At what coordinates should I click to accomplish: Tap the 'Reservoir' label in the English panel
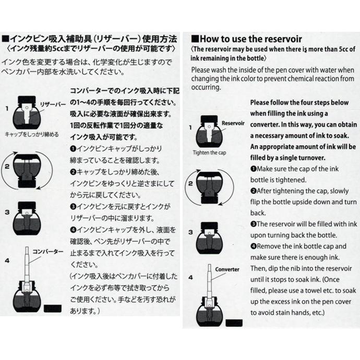click(233, 124)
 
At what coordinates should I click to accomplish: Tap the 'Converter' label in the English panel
click(226, 270)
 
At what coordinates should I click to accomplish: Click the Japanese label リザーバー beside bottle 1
click(53, 104)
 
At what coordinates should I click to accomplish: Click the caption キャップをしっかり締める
click(31, 134)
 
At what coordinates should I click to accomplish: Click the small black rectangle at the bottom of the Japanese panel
click(53, 308)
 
